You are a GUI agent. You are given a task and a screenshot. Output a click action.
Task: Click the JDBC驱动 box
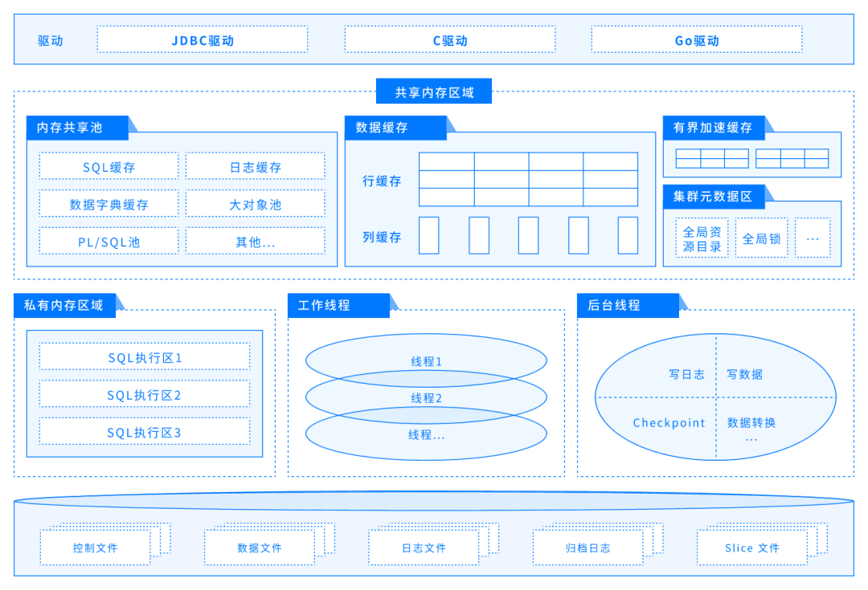(203, 39)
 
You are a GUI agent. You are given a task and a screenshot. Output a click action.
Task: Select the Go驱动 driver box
(696, 39)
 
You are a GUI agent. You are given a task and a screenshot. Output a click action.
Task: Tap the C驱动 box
(449, 39)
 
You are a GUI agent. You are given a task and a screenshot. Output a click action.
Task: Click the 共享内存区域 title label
(434, 92)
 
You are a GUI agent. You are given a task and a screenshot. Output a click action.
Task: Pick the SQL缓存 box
(109, 167)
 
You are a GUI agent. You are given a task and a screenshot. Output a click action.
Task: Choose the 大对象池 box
(255, 204)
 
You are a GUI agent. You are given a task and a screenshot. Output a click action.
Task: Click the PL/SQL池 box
(109, 241)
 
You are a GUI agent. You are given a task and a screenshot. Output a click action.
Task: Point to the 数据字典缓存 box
(109, 204)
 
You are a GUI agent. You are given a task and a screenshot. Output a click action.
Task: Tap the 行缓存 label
(382, 181)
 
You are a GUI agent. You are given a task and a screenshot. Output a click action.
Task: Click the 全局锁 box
(761, 238)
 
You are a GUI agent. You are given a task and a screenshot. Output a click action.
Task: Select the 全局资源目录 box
(702, 238)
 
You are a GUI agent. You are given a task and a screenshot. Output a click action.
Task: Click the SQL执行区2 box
(145, 394)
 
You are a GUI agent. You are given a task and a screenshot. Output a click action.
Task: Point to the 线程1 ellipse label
(426, 361)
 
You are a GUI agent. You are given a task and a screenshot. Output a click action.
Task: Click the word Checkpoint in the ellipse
(669, 423)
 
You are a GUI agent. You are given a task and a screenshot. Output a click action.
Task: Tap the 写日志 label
(686, 374)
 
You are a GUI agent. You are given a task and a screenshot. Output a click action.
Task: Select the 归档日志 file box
(588, 548)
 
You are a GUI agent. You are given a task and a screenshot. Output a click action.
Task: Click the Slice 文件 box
(751, 548)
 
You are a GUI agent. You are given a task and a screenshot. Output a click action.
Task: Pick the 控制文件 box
(95, 548)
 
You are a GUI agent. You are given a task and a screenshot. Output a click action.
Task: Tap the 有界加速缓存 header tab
(713, 128)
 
